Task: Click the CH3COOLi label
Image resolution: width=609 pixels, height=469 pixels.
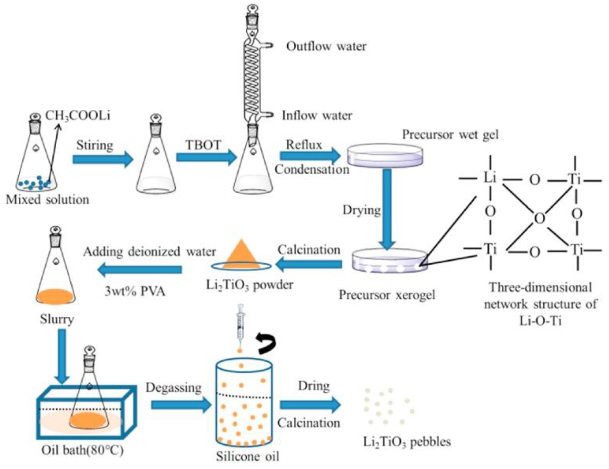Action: point(78,116)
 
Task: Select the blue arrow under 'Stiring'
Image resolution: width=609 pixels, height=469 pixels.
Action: point(103,159)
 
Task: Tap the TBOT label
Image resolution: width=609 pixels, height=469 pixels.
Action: point(203,145)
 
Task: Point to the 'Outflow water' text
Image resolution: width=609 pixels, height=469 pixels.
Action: point(326,46)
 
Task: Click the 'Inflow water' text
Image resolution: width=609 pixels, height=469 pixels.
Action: point(317,115)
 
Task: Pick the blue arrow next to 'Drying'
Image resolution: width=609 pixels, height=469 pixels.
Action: point(387,209)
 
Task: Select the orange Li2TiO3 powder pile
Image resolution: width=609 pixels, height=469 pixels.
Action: point(241,254)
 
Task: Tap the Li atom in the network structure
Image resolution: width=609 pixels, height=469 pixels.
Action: point(490,178)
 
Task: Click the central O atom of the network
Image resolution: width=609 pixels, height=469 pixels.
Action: point(540,218)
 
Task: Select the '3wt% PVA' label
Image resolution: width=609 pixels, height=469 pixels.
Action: point(135,291)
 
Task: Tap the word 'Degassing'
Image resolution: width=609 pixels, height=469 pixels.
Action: point(174,388)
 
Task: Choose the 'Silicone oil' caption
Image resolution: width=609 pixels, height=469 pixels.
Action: point(248,456)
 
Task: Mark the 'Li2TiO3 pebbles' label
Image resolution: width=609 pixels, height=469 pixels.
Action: point(407,442)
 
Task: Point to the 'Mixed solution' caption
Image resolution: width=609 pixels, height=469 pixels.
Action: point(47,200)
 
